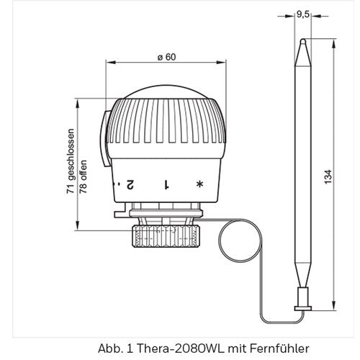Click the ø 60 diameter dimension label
tap(166, 57)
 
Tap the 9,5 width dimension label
tap(302, 14)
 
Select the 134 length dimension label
tap(328, 177)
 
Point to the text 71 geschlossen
tap(71, 161)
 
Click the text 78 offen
tap(83, 177)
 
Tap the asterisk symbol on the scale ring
tap(199, 184)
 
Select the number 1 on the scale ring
tap(166, 184)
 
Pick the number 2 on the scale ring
tap(130, 184)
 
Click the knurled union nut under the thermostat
tap(166, 236)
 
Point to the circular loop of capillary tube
tap(219, 240)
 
